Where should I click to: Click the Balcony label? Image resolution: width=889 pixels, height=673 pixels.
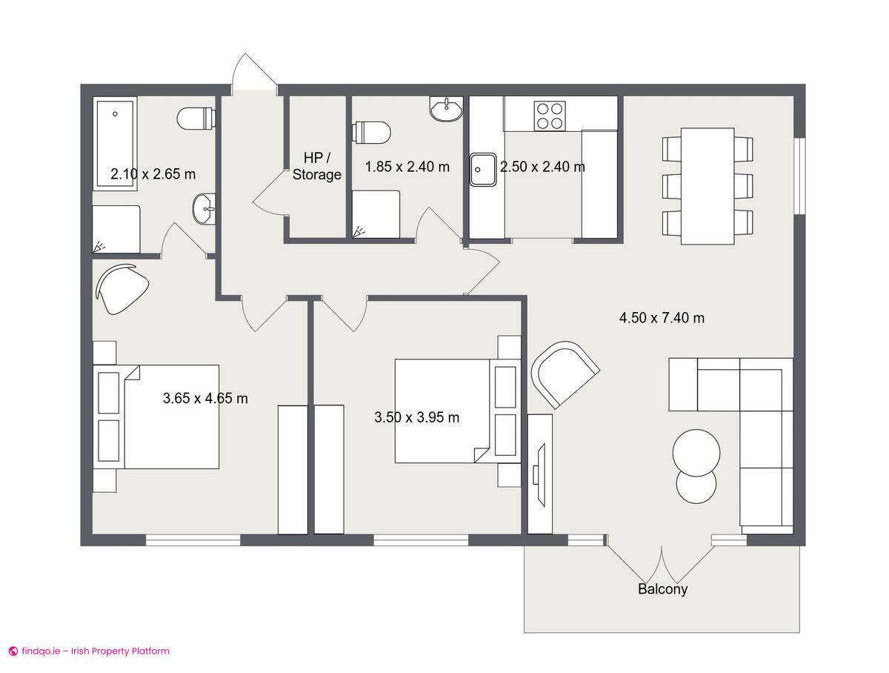click(662, 589)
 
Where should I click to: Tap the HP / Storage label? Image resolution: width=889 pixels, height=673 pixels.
click(317, 167)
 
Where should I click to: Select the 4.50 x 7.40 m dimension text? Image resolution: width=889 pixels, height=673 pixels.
click(662, 318)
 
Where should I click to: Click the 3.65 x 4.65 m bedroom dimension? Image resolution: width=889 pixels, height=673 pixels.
click(205, 399)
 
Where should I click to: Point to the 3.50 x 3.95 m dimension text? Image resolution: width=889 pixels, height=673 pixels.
click(416, 417)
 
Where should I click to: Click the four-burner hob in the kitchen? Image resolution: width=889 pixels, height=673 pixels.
click(550, 115)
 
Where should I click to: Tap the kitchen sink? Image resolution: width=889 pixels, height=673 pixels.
click(483, 168)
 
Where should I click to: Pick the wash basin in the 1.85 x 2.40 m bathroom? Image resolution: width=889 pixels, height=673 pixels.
click(446, 109)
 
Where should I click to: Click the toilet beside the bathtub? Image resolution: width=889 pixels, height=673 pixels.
click(196, 118)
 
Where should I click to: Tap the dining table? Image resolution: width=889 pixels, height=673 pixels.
click(707, 185)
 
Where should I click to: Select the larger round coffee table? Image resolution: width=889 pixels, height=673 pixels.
click(696, 452)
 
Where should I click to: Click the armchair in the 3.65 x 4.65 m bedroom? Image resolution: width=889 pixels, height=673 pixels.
click(121, 289)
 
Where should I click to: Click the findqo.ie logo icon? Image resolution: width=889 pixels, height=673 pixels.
click(13, 652)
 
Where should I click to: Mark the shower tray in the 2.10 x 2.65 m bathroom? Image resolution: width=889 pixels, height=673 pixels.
click(116, 230)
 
